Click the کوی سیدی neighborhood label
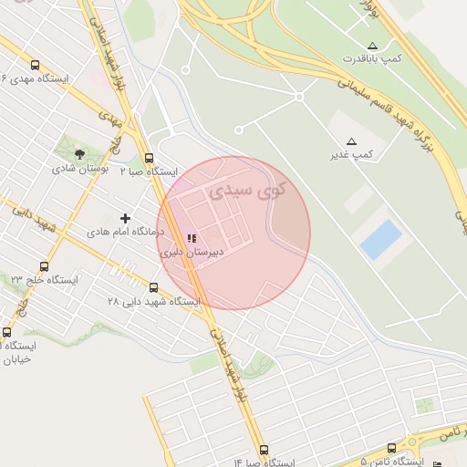tap(246, 192)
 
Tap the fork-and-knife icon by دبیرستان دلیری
tap(191, 239)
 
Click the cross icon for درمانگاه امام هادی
tap(125, 218)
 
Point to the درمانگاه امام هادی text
tap(124, 233)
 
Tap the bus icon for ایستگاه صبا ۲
tap(149, 157)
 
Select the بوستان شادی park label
tap(79, 169)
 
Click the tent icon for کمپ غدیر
tap(351, 141)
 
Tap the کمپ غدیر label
tap(351, 156)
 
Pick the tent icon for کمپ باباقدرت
tap(372, 45)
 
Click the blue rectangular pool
tap(380, 239)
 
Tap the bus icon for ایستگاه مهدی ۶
tap(35, 65)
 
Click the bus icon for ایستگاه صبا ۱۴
tap(264, 450)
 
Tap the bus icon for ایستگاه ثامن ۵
tap(391, 449)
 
